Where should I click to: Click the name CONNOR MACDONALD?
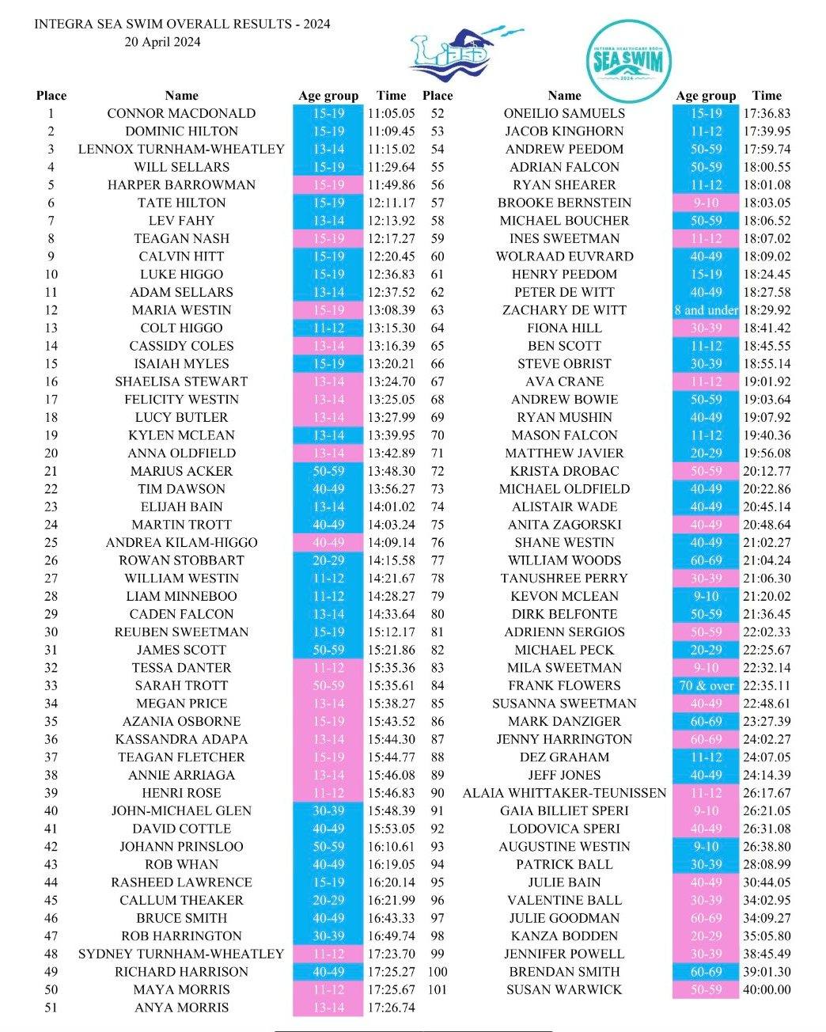[x=181, y=113]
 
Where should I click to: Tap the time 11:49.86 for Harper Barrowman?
[x=391, y=185]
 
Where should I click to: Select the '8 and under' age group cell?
[x=706, y=310]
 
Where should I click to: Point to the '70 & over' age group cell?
[x=706, y=685]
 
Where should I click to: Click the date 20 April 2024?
[x=162, y=42]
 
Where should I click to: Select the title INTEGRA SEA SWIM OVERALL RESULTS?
[x=182, y=24]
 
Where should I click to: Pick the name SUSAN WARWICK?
[x=564, y=989]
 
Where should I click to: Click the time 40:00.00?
[x=767, y=989]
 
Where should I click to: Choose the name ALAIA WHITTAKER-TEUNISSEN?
[x=564, y=793]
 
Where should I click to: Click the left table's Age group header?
[x=328, y=96]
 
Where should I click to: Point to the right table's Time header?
[x=767, y=96]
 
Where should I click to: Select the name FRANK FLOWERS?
[x=564, y=685]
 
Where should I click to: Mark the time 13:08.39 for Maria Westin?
[x=391, y=310]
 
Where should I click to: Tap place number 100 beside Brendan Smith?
[x=438, y=972]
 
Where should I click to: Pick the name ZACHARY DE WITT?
[x=564, y=310]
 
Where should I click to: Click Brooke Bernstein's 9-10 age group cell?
[x=706, y=203]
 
